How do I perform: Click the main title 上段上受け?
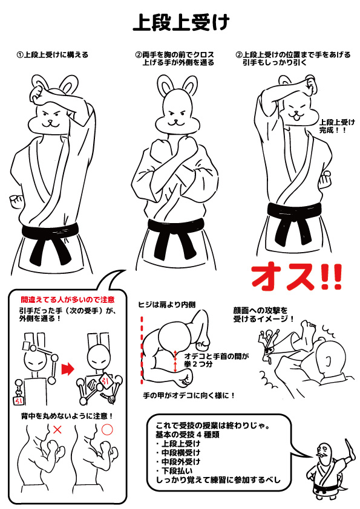[x=181, y=22]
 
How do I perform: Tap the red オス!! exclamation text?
[x=296, y=278]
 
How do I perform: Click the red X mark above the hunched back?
[x=57, y=430]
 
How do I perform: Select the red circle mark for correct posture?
[x=107, y=429]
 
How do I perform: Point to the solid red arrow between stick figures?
[x=68, y=369]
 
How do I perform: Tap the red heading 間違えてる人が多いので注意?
[x=68, y=299]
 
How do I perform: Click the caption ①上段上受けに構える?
[x=53, y=55]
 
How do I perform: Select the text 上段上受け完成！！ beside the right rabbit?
[x=337, y=126]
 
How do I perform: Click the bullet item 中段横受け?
[x=181, y=453]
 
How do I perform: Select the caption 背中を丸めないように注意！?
[x=67, y=416]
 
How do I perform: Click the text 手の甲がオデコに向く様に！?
[x=189, y=396]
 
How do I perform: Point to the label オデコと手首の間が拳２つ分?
[x=217, y=360]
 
